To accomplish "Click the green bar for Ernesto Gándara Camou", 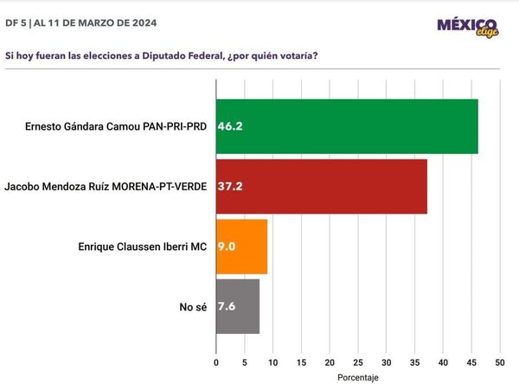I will coord(346,126).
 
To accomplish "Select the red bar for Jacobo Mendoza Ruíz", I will coord(321,186).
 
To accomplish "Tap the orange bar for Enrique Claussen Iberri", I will coord(241,246).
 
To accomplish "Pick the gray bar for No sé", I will coord(237,306).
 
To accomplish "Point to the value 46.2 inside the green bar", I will coord(230,126).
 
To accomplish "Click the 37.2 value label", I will coord(230,186).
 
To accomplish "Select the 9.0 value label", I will coord(227,246).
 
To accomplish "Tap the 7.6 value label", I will coord(227,306).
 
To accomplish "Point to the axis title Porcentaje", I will coord(357,377).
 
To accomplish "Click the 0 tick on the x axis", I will coord(215,362).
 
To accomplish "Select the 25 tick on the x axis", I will coord(357,362).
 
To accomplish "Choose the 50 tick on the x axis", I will coord(499,362).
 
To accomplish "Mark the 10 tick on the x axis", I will coord(272,362).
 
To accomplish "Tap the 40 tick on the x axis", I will coord(443,362).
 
